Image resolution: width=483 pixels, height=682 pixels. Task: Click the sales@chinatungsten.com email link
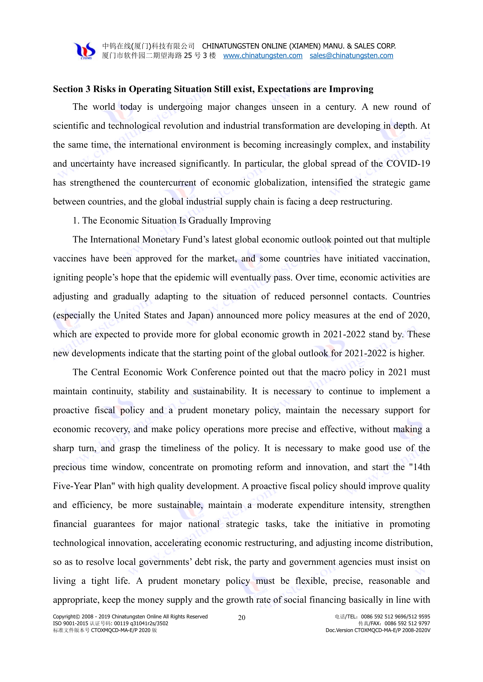tap(351, 56)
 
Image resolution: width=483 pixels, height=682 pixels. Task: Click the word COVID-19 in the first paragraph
tap(408, 164)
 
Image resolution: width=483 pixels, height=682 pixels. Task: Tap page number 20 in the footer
tap(241, 618)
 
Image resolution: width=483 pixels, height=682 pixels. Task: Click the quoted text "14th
tap(419, 467)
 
